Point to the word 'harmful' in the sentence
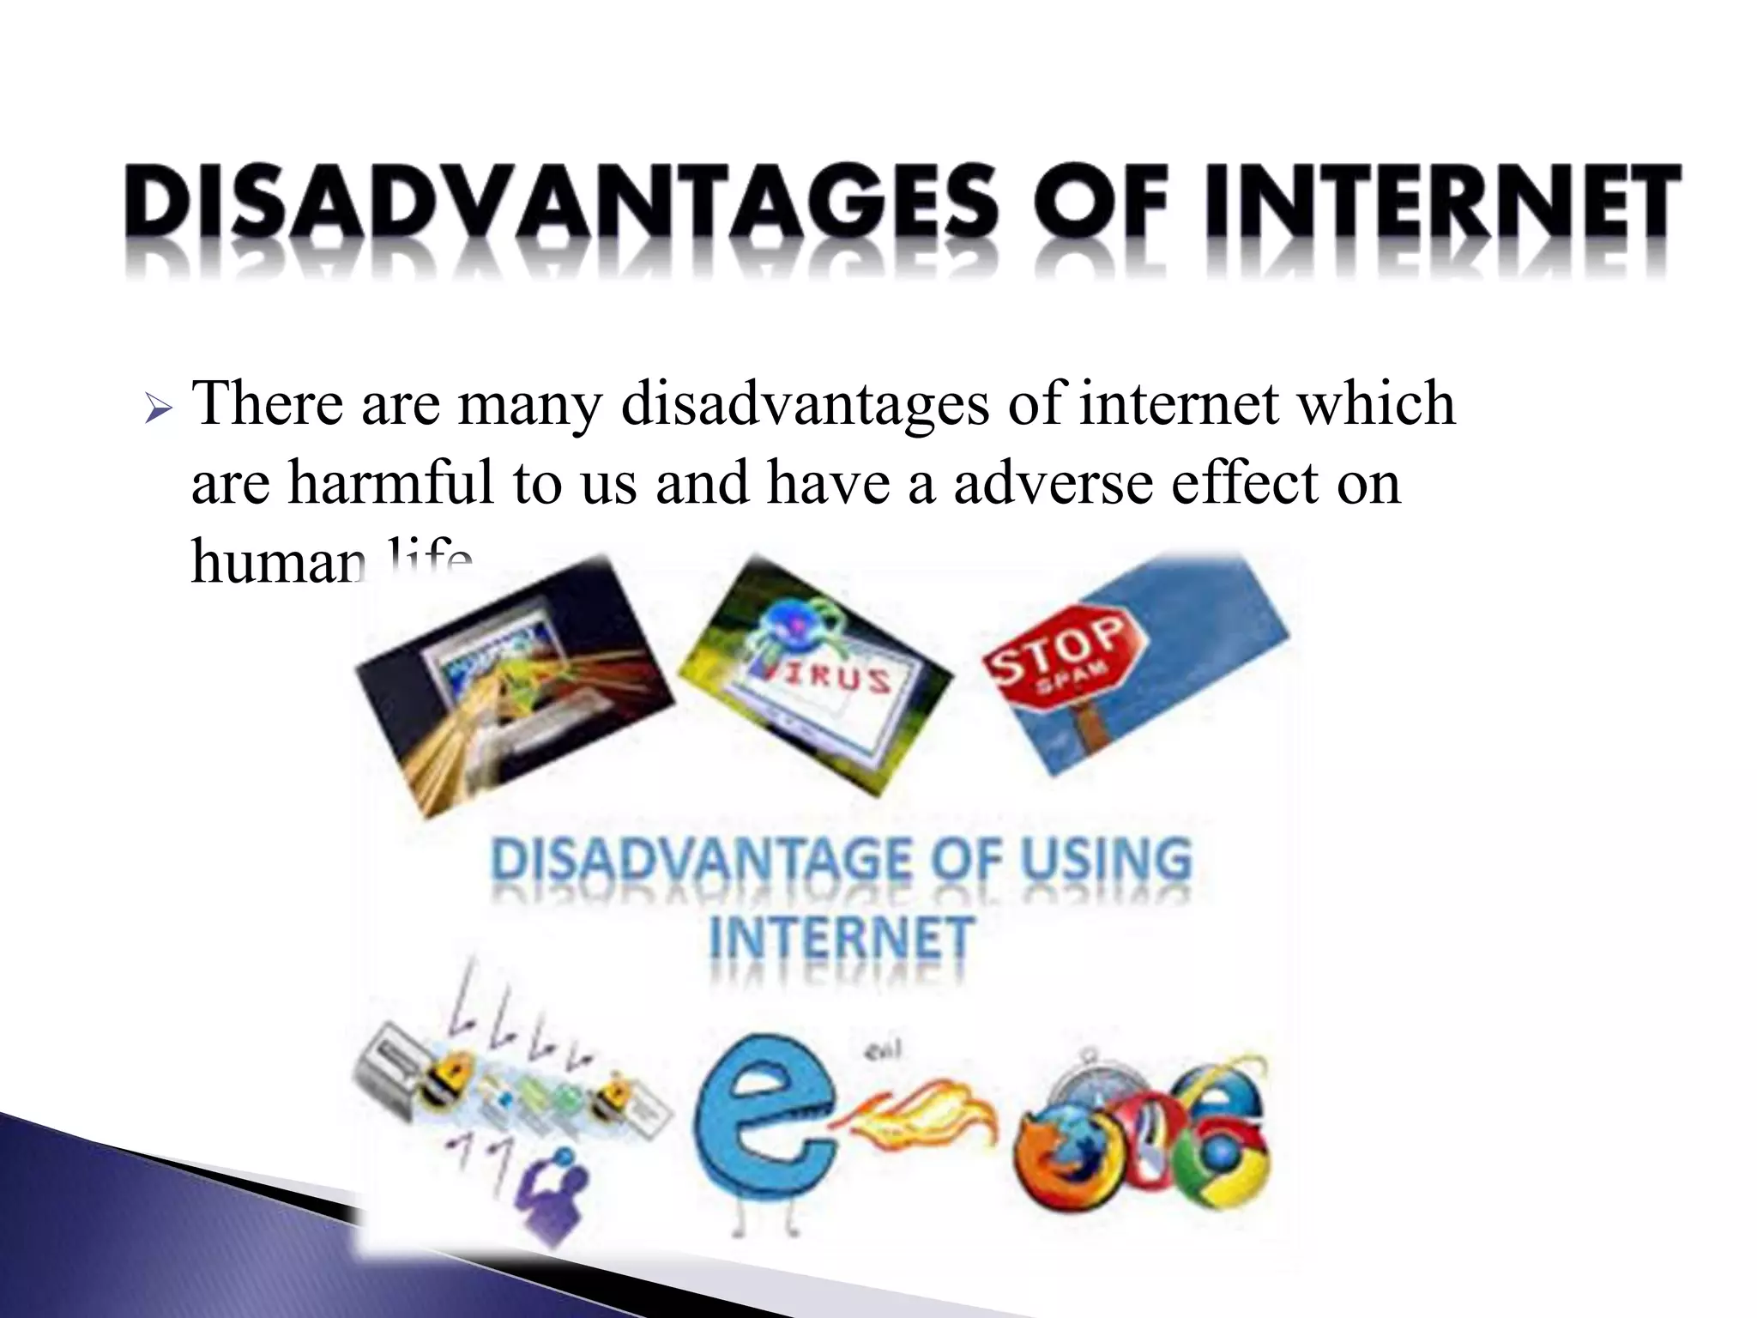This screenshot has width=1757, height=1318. click(x=390, y=482)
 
